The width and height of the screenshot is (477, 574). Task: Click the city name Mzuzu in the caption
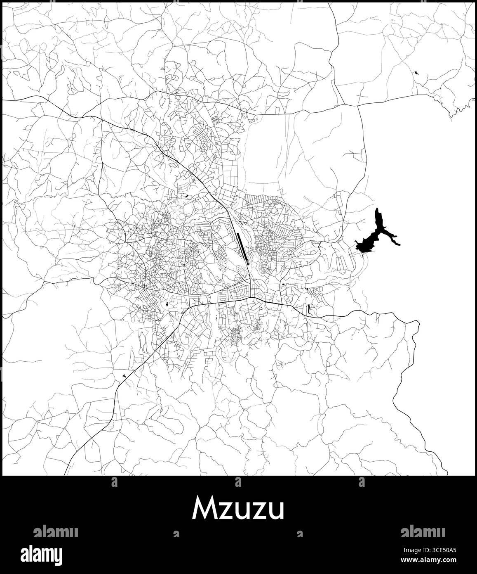[238, 509]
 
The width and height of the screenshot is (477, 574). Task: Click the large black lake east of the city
[368, 244]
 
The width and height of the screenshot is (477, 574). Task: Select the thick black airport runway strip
[242, 247]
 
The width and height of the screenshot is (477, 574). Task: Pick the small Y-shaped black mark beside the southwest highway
[124, 375]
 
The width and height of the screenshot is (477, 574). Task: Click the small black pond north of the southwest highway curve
[167, 305]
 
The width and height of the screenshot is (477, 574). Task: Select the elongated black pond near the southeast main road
[308, 308]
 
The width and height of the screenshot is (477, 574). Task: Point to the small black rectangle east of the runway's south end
[283, 285]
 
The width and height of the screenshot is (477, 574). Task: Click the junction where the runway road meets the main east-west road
[251, 297]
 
